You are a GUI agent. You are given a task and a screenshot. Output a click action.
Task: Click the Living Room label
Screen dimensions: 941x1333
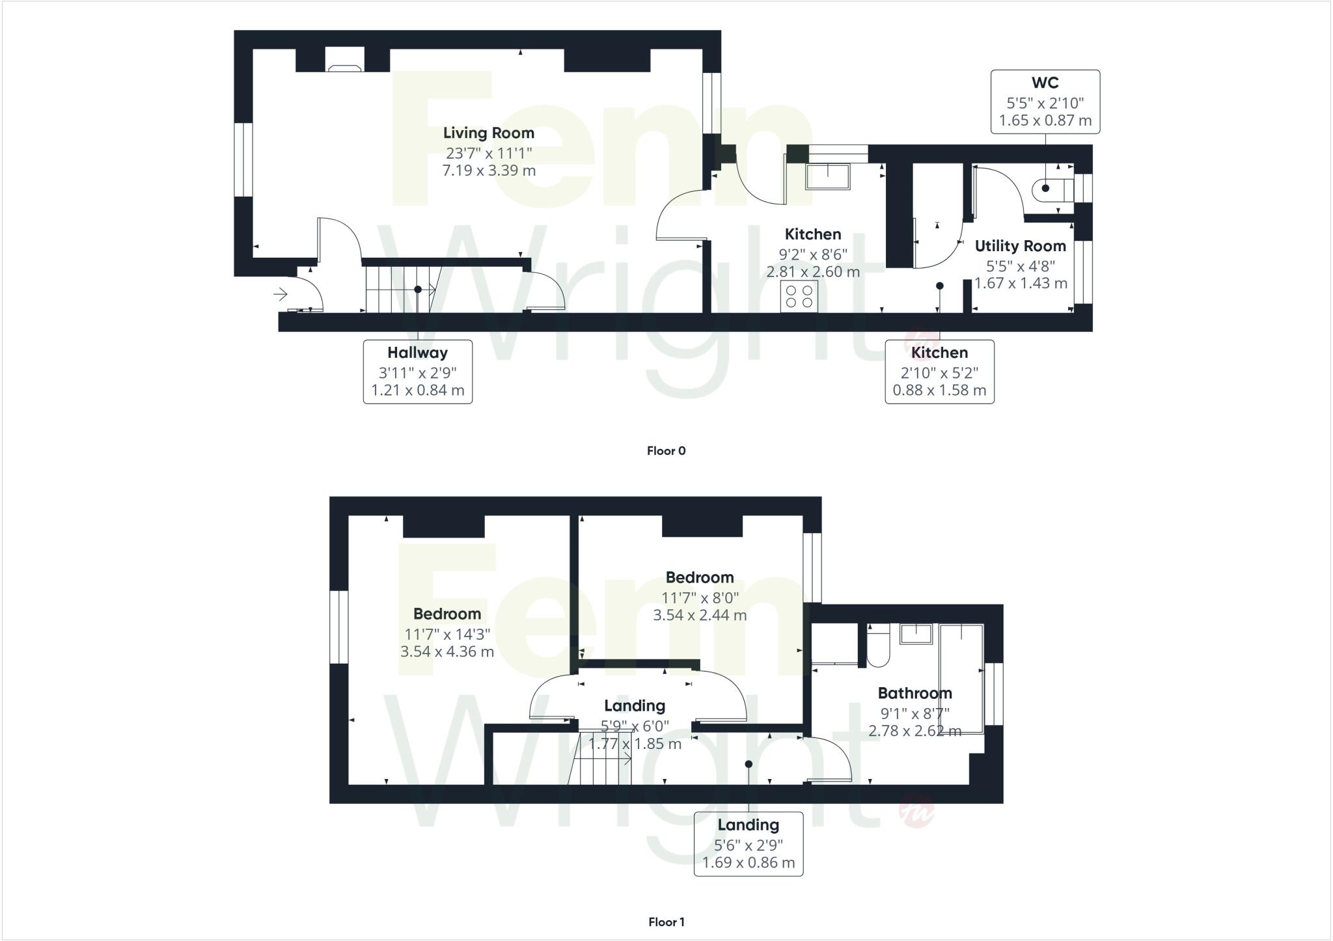pos(488,133)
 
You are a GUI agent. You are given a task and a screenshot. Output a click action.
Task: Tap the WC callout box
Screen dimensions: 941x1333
pos(1045,102)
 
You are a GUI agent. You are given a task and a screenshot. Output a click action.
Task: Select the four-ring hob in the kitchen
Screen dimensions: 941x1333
pos(799,296)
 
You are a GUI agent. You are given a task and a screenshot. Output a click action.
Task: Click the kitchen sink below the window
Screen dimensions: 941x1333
pos(827,176)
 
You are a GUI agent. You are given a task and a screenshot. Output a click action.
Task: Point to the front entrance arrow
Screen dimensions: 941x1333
pos(281,295)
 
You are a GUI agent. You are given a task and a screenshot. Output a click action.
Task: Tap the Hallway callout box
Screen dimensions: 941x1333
pos(417,372)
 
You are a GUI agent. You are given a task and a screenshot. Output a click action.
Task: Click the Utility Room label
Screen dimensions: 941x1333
pos(1020,246)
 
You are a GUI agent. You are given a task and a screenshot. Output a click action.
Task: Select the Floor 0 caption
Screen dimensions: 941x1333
pos(666,450)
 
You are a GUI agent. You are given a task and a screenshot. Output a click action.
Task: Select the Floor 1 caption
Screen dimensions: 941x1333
pos(666,921)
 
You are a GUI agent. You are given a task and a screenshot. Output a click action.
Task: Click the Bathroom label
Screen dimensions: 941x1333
pos(914,693)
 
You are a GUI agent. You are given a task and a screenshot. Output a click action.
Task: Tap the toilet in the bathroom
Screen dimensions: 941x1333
pos(878,647)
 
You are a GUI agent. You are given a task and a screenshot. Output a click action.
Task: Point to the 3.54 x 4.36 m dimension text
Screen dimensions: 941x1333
pos(447,651)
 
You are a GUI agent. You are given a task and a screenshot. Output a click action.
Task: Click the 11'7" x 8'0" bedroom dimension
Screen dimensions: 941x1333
pos(700,597)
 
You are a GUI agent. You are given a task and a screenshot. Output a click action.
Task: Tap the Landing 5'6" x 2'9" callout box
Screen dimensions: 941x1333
pos(748,843)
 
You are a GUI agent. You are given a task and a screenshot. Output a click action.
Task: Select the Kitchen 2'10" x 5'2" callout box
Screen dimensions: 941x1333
pos(939,372)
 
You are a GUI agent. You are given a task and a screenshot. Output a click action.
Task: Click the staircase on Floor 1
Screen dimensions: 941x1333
pos(602,759)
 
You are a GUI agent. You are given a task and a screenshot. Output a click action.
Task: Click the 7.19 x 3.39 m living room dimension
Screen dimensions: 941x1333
pos(489,170)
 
